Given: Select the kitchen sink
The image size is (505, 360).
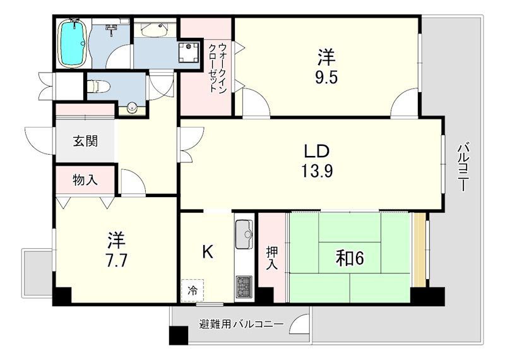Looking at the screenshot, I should point(244,235).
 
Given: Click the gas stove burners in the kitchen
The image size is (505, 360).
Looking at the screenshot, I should point(244,286).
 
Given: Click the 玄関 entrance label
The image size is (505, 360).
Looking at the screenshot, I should point(85,141).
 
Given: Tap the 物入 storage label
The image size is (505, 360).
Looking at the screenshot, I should point(85,180).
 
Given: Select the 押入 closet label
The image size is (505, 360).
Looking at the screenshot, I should point(271,258).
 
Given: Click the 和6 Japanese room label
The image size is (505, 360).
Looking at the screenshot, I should point(350,258).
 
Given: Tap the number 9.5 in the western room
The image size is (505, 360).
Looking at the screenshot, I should point(326,79).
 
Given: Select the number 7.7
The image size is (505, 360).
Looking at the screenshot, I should point(116,260).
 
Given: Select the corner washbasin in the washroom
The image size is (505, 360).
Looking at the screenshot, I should point(152,30).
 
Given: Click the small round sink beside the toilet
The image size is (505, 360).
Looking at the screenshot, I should point(131,108).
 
